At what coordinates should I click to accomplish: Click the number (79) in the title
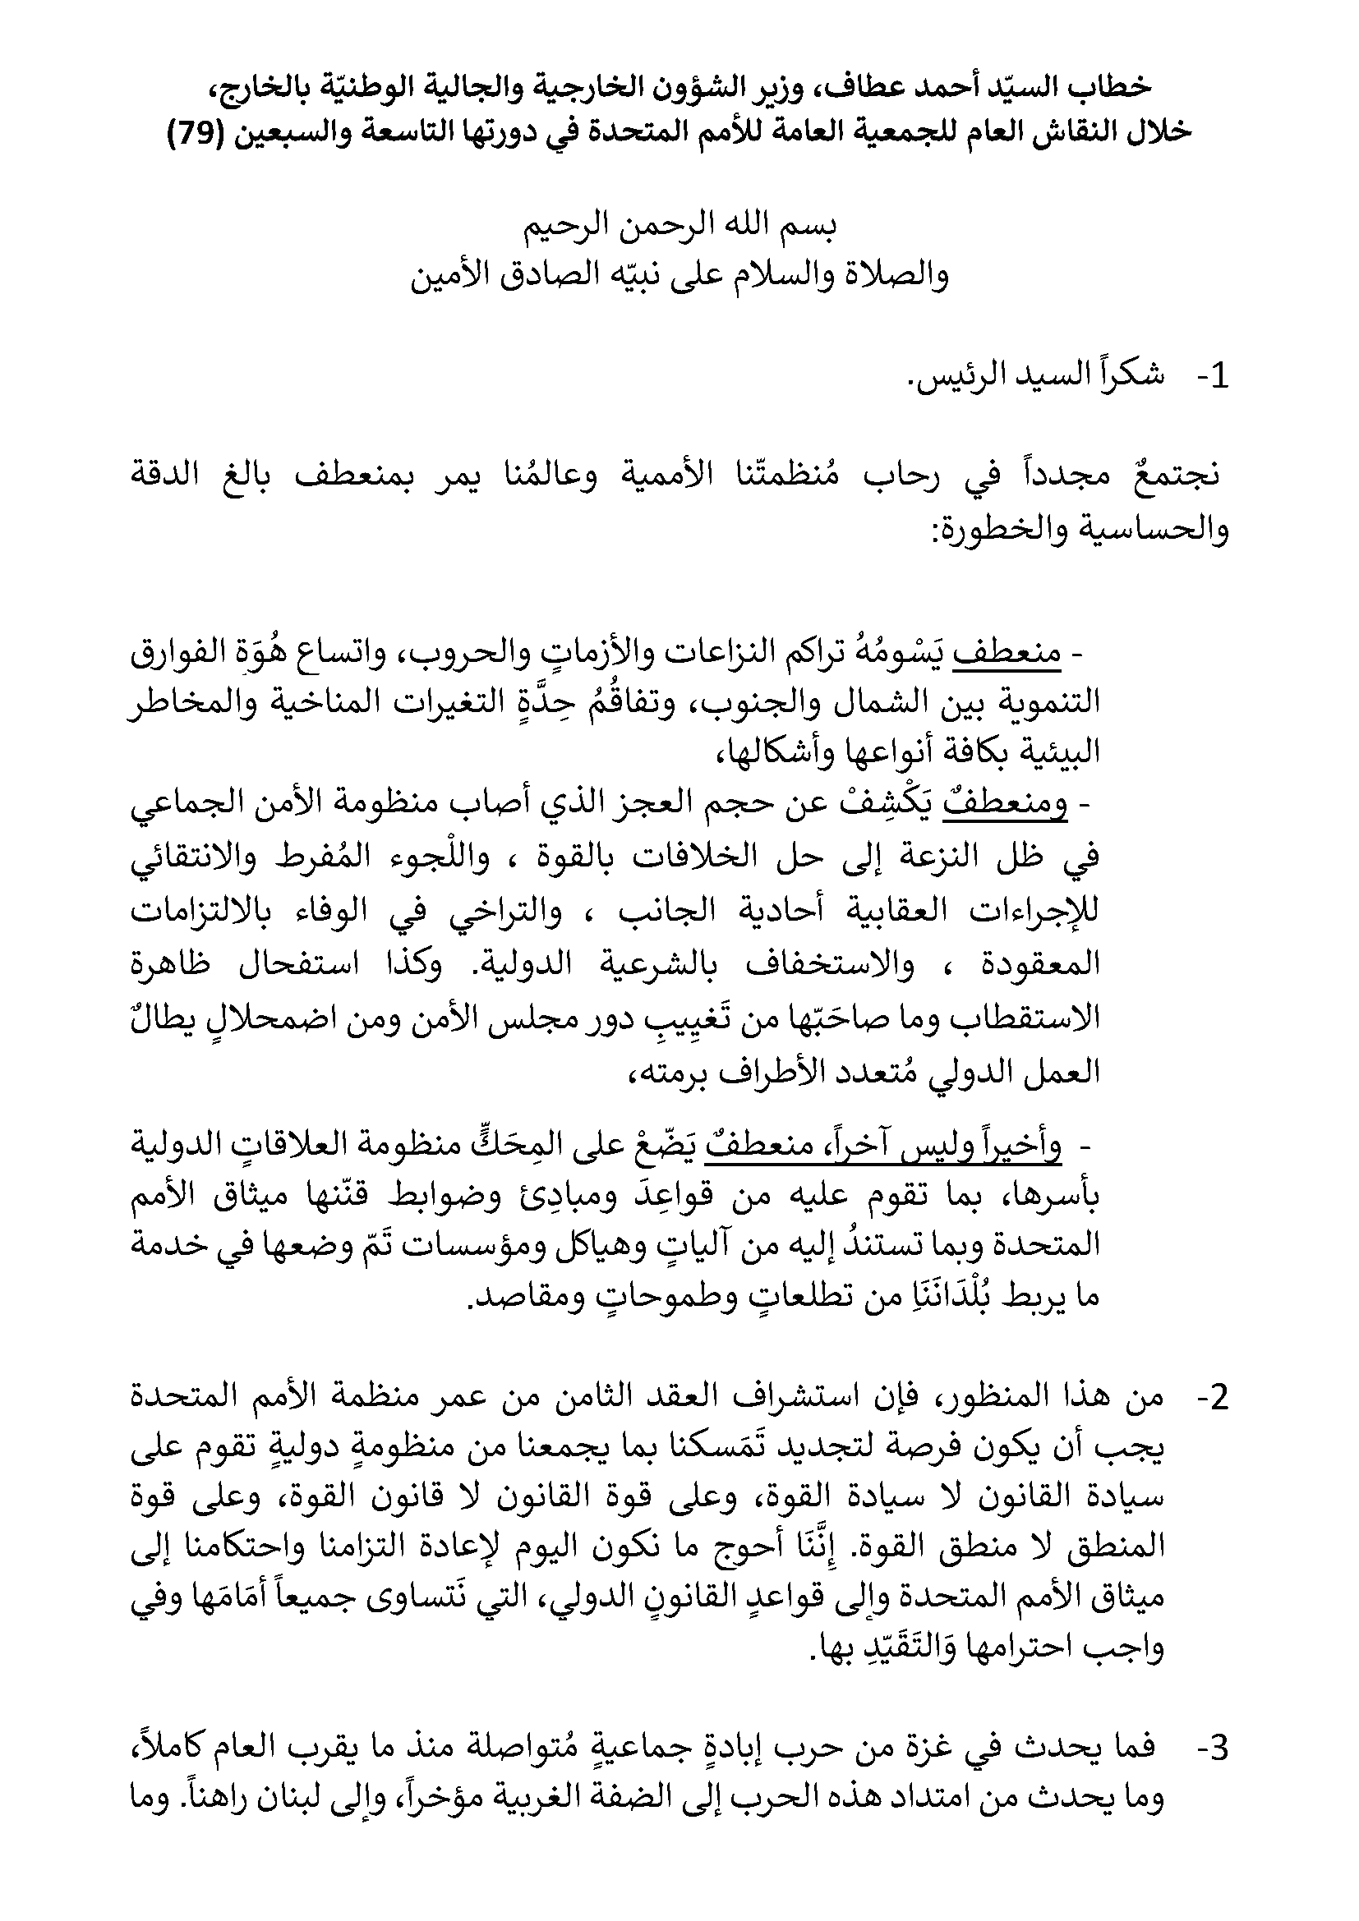click(192, 133)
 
